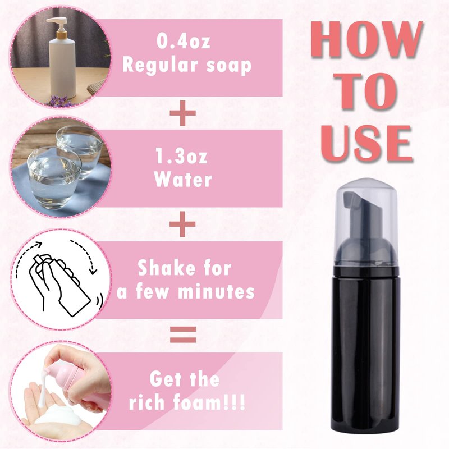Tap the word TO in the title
368,91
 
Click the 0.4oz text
184,40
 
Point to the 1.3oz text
181,157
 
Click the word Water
183,180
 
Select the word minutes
216,291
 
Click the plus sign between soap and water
183,113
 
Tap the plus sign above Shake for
183,224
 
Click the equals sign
183,335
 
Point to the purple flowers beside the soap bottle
58,102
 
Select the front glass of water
54,177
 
